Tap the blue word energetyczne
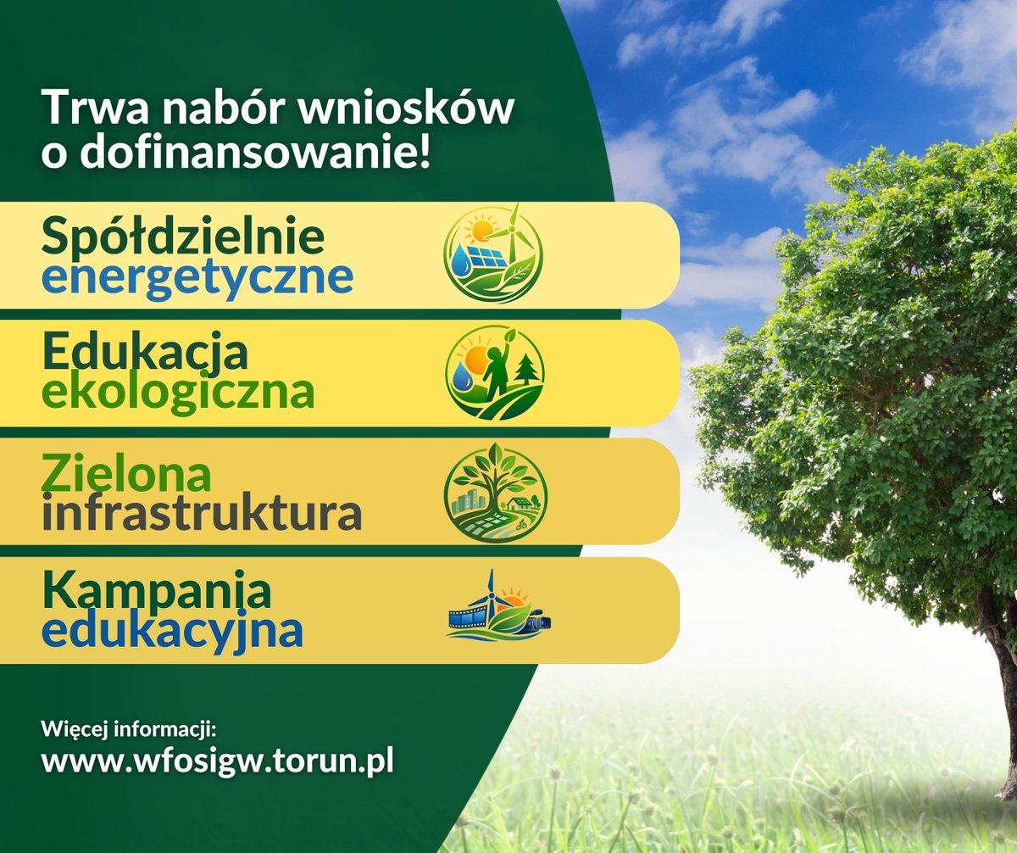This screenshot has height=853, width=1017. click(197, 277)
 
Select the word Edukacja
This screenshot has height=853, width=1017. click(145, 353)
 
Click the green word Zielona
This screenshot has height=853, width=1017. click(126, 473)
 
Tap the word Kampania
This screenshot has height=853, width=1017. click(157, 591)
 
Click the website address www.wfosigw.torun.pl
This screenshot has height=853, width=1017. click(218, 759)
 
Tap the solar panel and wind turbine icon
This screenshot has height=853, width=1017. click(493, 253)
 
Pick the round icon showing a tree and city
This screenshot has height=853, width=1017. click(495, 493)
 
